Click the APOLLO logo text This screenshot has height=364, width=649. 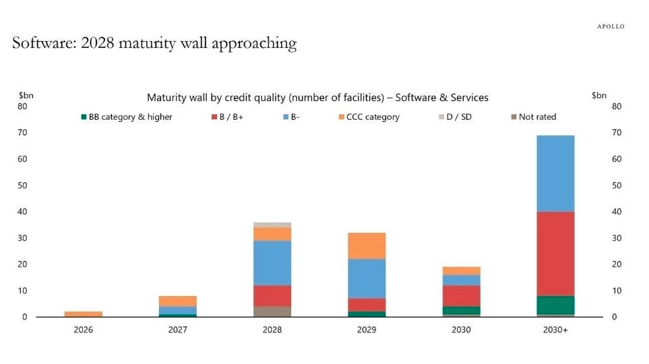[x=611, y=26]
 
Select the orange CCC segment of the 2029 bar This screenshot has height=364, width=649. [x=367, y=246]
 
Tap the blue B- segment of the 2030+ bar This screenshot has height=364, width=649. [x=555, y=174]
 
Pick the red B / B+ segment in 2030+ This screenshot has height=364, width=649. [x=555, y=254]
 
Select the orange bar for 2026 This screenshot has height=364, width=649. [x=84, y=314]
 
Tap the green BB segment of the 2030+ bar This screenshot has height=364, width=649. [x=555, y=305]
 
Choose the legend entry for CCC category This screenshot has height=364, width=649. [x=369, y=117]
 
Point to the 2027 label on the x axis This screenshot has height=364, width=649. [x=178, y=330]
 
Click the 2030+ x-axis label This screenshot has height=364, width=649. [x=555, y=330]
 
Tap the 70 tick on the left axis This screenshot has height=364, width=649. [x=23, y=133]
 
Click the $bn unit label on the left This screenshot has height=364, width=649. [x=26, y=96]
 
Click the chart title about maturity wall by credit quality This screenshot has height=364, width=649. [x=317, y=98]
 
